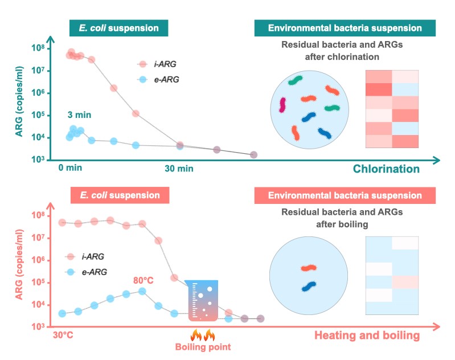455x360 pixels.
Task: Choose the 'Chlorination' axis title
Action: [x=386, y=169]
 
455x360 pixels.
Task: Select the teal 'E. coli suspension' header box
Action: [x=119, y=28]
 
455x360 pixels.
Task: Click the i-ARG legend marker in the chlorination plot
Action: [x=143, y=64]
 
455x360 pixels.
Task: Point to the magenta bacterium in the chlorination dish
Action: [x=282, y=105]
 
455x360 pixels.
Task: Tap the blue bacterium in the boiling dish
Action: [x=310, y=287]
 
